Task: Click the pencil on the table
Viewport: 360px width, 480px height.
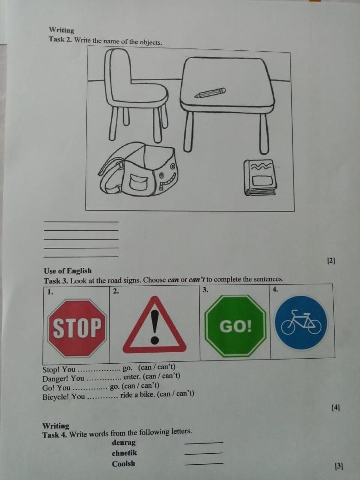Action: pos(210,93)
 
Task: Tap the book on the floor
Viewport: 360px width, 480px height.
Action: pos(260,177)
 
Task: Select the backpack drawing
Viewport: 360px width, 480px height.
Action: pos(138,169)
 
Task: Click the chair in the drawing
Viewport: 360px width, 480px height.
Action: pos(136,95)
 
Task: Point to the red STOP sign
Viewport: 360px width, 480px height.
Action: pos(77,328)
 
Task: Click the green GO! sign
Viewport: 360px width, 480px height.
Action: pos(235,326)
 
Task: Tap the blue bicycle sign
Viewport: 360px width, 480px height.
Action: pos(301,322)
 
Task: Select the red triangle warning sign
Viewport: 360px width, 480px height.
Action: pos(155,324)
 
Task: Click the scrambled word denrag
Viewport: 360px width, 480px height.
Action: pos(124,442)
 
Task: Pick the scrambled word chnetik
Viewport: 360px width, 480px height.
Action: pos(124,453)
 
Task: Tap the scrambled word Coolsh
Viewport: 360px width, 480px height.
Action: pos(123,463)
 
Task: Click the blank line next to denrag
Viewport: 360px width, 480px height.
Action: pos(204,443)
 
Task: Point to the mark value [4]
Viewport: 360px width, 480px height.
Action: pos(336,408)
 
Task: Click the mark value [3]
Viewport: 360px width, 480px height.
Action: pos(339,466)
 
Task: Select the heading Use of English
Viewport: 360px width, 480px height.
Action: pos(68,271)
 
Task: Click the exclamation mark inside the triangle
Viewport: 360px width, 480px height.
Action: pos(155,327)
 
